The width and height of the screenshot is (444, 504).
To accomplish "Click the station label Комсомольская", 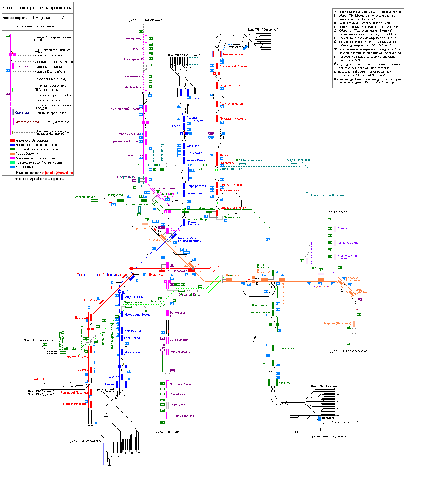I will [x=233, y=54].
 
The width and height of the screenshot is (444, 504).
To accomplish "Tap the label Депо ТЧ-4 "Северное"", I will [x=262, y=30].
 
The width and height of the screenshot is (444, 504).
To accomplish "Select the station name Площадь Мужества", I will [x=233, y=119].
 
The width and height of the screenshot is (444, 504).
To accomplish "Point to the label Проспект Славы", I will [x=181, y=384].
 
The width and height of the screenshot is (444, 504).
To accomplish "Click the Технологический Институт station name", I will [x=99, y=275].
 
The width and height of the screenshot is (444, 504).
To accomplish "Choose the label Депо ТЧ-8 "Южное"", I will [x=169, y=432].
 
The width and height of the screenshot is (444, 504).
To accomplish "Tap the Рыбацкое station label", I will [x=284, y=383].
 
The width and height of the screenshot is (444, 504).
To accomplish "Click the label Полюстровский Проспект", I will [x=327, y=195].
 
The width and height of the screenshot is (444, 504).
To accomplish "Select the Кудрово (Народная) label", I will [x=337, y=323].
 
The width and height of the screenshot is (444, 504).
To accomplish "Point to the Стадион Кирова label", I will [x=85, y=197].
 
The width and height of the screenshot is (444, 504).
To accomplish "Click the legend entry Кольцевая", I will [x=24, y=167].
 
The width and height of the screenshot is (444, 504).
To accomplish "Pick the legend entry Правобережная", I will [x=28, y=154].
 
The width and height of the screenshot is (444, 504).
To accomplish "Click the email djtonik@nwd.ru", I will [x=57, y=173].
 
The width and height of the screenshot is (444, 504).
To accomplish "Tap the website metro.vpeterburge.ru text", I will [x=39, y=179].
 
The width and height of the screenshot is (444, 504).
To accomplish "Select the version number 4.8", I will [x=35, y=18].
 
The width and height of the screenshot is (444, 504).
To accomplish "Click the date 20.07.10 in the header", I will [x=61, y=18].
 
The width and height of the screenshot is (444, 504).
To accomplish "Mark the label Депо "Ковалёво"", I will [x=337, y=212].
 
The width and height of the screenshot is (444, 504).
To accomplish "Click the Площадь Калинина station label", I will [x=297, y=160].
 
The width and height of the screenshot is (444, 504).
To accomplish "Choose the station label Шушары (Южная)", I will [x=182, y=416].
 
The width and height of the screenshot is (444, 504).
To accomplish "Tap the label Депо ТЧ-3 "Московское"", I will [x=86, y=441].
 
